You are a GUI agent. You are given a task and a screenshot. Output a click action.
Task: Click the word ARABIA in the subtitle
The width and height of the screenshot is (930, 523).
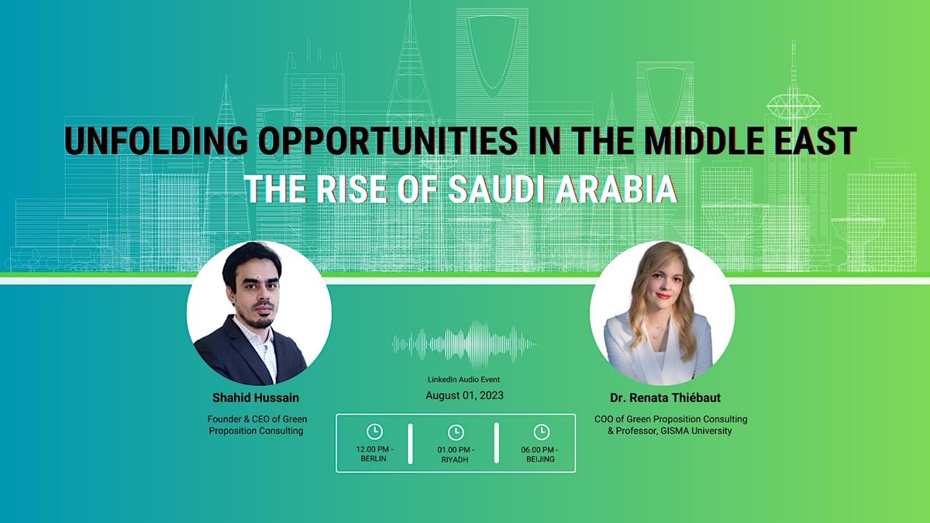[x=622, y=189]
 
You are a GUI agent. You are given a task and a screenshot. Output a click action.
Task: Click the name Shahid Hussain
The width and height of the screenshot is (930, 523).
[x=256, y=397]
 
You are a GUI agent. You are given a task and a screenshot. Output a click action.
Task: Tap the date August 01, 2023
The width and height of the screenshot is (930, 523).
[x=464, y=395]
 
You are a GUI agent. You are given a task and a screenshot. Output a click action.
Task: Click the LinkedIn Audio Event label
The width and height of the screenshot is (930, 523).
[x=464, y=380]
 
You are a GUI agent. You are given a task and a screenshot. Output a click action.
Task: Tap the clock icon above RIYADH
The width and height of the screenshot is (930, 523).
[x=456, y=432]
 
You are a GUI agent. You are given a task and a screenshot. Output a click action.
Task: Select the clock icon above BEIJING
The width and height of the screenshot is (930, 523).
[x=540, y=432]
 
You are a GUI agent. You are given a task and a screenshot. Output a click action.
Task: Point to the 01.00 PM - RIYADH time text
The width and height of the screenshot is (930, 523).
[x=456, y=454]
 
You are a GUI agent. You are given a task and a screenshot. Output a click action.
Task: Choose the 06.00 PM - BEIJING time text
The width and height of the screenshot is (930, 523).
[x=540, y=454]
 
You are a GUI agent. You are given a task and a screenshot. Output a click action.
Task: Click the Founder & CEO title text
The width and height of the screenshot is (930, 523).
[x=256, y=419]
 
